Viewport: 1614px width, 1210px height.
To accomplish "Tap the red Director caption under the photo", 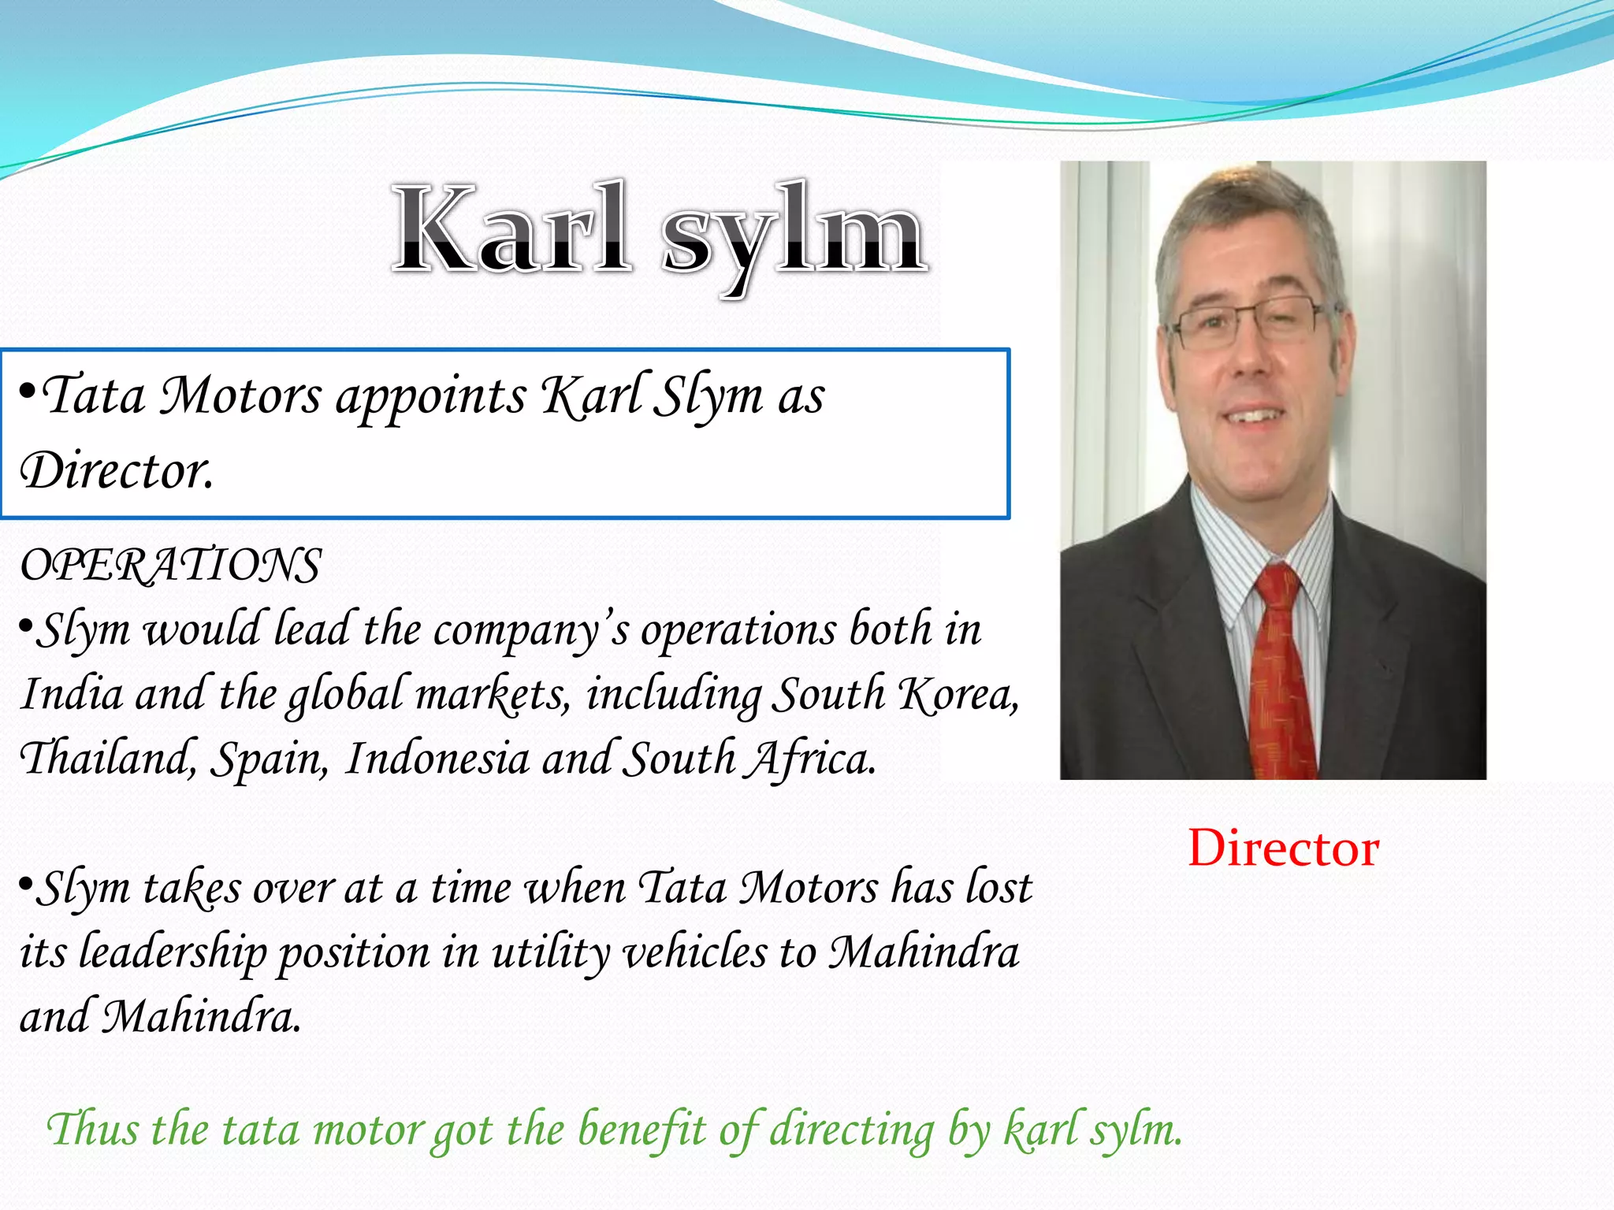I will (x=1283, y=848).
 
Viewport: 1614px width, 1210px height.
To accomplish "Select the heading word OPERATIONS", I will (x=170, y=566).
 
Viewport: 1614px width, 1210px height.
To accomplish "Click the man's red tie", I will (x=1281, y=670).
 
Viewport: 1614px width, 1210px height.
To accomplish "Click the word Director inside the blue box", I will (x=117, y=471).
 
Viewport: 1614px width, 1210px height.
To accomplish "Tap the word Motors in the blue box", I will (x=240, y=395).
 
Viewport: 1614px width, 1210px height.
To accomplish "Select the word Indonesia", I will (x=437, y=759).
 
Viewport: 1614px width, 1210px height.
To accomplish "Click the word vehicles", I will (x=694, y=952).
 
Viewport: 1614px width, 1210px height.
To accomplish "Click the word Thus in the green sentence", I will (x=93, y=1129).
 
